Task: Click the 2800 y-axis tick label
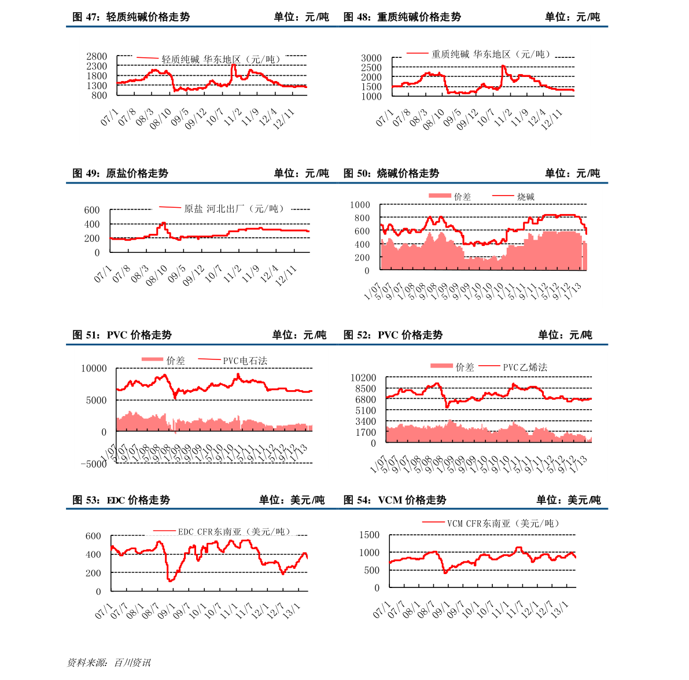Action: [97, 56]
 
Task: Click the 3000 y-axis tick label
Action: [371, 58]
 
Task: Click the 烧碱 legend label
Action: [526, 197]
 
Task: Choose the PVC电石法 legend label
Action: [245, 361]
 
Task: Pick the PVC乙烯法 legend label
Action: [525, 367]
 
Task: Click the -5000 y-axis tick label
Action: [94, 464]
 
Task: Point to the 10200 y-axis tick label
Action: [363, 378]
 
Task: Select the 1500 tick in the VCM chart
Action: [369, 535]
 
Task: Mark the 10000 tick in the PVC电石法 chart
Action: [94, 368]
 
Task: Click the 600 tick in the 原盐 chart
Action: [92, 210]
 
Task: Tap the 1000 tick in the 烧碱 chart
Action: [359, 205]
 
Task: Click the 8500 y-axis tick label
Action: [366, 389]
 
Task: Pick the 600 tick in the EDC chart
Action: [93, 536]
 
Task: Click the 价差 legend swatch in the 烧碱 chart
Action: [439, 196]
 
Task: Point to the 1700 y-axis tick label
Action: [366, 432]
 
